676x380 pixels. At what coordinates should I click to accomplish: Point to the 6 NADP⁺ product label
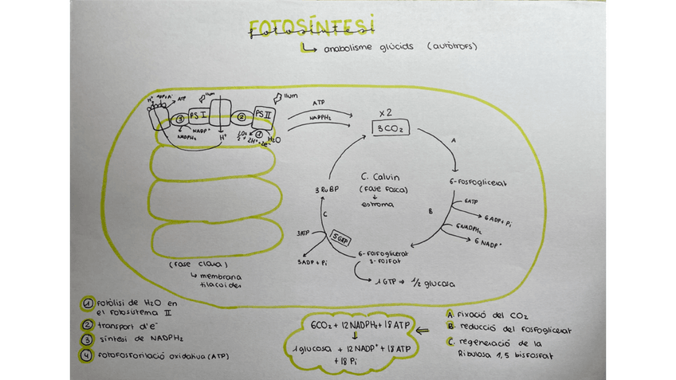coord(493,241)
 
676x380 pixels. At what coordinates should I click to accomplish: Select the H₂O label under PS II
coord(273,139)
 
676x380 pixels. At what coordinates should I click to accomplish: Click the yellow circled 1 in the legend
coord(86,304)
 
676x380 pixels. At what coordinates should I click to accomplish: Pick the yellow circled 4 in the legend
coord(86,355)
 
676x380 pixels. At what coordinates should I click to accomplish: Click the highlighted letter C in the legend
coord(450,343)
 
